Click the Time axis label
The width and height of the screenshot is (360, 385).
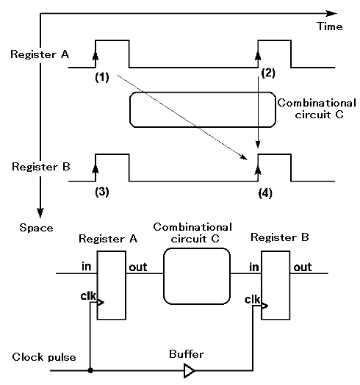pos(330,26)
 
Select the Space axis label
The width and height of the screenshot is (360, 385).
pos(36,228)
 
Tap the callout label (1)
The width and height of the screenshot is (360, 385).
pos(102,77)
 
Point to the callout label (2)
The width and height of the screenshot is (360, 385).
pos(268,73)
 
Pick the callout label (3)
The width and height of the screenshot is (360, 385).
pos(102,192)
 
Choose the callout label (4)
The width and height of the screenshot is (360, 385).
pos(265,193)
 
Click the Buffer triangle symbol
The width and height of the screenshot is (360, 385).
pos(190,370)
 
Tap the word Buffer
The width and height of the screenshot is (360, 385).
pos(187,354)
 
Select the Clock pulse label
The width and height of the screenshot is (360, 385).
pos(44,357)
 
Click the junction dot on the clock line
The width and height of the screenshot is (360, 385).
pos(90,370)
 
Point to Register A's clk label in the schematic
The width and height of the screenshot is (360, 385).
pos(88,296)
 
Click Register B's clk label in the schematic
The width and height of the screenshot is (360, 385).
pos(252,300)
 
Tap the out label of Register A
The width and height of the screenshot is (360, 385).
pos(138,267)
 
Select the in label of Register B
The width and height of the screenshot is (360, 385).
pos(254,267)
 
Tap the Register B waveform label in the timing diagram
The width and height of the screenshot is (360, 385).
pos(41,167)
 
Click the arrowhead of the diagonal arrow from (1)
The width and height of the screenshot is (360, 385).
pos(245,157)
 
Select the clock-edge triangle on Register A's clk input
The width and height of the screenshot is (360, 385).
pos(101,302)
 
